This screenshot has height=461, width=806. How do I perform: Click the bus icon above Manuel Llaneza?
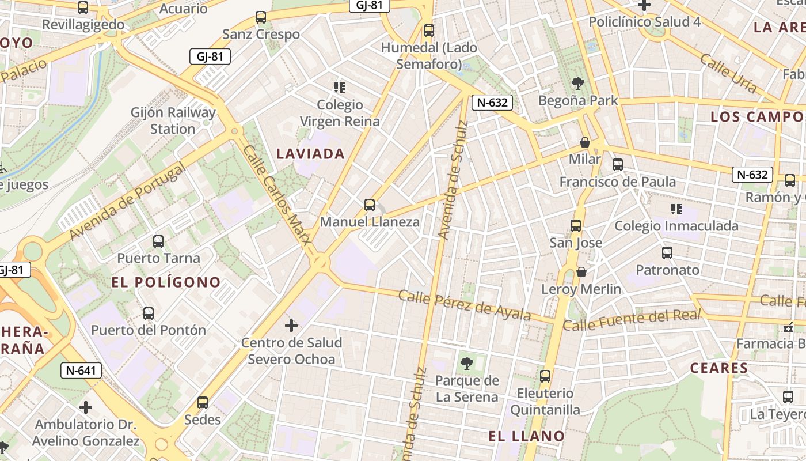tap(370, 205)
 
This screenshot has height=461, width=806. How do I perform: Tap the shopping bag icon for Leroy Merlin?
tap(581, 271)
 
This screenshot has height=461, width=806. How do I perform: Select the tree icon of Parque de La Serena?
tap(467, 363)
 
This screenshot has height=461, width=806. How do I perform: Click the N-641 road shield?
tap(81, 371)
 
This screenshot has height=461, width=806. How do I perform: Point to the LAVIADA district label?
tap(311, 153)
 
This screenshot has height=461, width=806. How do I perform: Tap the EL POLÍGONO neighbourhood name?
tap(166, 282)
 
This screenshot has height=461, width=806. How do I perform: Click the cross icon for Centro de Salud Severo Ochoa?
tap(291, 326)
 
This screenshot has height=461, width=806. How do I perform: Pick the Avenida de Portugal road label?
tap(127, 201)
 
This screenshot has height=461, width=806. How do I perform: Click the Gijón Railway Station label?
tap(173, 120)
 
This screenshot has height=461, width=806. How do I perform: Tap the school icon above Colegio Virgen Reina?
tap(340, 88)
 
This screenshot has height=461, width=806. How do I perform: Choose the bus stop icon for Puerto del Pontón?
tap(149, 313)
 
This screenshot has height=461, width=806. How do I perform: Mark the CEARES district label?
tap(718, 368)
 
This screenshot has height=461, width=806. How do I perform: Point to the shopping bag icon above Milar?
tap(585, 142)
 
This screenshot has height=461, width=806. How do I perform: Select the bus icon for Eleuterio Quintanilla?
tap(545, 376)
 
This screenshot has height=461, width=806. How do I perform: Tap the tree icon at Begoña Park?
tap(577, 84)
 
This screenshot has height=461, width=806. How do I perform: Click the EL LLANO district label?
tap(526, 436)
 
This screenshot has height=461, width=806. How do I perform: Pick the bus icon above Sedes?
tap(203, 402)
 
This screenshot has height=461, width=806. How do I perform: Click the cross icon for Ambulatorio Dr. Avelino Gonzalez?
tap(86, 407)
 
